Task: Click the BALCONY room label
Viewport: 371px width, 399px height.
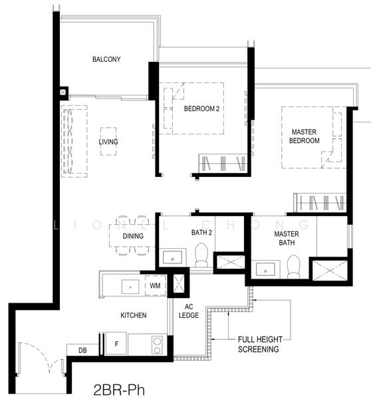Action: click(x=106, y=59)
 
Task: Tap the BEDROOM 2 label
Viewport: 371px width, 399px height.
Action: click(x=201, y=108)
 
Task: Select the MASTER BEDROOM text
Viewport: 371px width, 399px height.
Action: click(x=304, y=136)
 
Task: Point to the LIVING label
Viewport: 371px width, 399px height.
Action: click(x=108, y=142)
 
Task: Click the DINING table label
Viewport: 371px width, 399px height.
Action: click(x=133, y=236)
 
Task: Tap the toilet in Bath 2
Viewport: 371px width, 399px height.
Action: click(x=201, y=255)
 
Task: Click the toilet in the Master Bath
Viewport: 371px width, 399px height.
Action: click(x=293, y=267)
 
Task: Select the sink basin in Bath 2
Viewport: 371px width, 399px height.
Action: click(x=172, y=257)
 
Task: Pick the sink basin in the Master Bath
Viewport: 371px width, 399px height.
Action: click(x=265, y=269)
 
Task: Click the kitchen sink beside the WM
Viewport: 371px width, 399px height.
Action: click(x=130, y=287)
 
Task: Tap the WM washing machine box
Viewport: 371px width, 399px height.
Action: click(x=155, y=285)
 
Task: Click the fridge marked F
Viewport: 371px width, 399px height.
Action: click(x=116, y=344)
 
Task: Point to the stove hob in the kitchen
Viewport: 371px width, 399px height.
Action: click(x=158, y=345)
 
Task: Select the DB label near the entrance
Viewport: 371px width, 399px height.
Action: click(x=82, y=350)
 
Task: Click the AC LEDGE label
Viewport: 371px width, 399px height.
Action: click(x=189, y=311)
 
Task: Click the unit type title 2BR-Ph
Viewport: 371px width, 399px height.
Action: click(x=119, y=390)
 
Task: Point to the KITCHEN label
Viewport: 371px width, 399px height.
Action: click(x=134, y=315)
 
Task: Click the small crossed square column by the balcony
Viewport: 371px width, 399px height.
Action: click(x=63, y=92)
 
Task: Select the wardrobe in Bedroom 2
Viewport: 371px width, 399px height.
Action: click(x=223, y=163)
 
